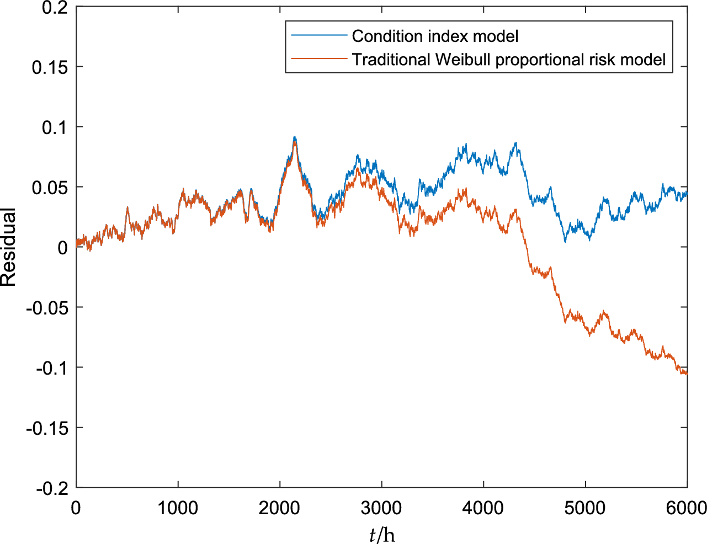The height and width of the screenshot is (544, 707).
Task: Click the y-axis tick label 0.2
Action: [x=55, y=8]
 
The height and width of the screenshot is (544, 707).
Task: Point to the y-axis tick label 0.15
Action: [x=50, y=67]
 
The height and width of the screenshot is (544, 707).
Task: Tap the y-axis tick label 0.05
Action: [x=50, y=188]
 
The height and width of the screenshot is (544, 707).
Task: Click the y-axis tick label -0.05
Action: [x=47, y=307]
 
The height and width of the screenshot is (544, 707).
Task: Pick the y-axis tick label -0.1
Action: [x=52, y=367]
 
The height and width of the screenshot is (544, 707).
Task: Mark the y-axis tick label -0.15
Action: [x=47, y=428]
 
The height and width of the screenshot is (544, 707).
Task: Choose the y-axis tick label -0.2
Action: [x=52, y=488]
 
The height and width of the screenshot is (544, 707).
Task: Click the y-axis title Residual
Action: [x=9, y=247]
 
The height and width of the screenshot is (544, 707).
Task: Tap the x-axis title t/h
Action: [x=382, y=534]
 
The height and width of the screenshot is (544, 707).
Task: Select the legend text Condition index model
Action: [x=435, y=36]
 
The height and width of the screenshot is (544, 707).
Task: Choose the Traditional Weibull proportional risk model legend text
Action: [x=509, y=60]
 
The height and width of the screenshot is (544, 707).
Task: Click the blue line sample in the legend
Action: [x=318, y=36]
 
